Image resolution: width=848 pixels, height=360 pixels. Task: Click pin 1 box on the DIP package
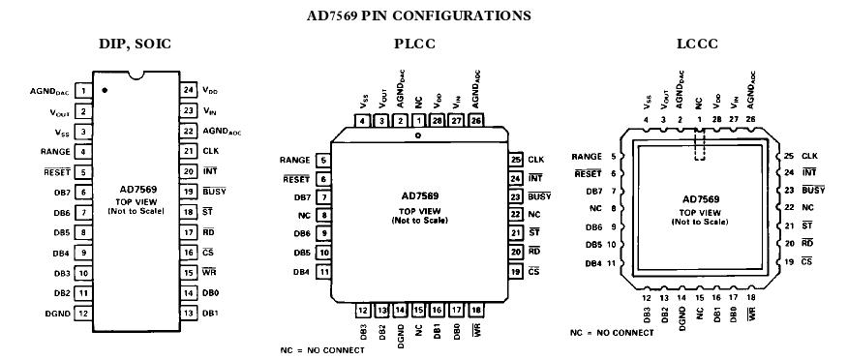(x=83, y=91)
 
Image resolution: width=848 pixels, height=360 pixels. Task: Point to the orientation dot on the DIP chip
(x=105, y=90)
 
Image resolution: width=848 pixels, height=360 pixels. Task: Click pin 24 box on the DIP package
(x=188, y=90)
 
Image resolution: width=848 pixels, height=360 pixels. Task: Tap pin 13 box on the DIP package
(x=188, y=313)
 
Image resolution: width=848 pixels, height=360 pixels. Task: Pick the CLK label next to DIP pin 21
(x=211, y=151)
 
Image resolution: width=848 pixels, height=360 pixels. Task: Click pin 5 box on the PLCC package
(x=322, y=160)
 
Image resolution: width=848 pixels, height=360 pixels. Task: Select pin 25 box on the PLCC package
(x=516, y=159)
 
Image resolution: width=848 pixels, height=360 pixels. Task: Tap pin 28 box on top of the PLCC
(x=438, y=121)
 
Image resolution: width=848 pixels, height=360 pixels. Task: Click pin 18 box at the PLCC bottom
(x=475, y=310)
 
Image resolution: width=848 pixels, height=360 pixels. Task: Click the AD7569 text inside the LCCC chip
(x=701, y=198)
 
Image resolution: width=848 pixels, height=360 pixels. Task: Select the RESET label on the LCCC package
(x=588, y=173)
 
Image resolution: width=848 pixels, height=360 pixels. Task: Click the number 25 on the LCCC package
(x=789, y=156)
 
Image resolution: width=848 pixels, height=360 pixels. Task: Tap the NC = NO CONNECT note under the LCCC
(x=612, y=332)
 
